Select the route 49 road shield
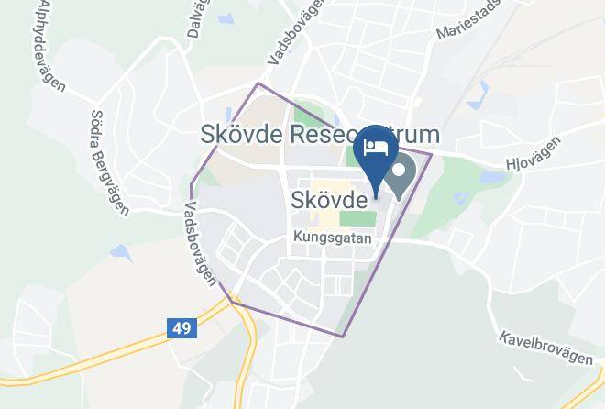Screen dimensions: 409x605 [182, 327]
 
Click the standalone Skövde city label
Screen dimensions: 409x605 [330, 198]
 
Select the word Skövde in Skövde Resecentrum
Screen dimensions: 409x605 [241, 135]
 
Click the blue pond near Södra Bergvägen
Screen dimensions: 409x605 [119, 251]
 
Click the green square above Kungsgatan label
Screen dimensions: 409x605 [358, 218]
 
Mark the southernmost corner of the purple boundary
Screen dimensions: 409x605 [342, 336]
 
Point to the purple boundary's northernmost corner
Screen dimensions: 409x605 [258, 83]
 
